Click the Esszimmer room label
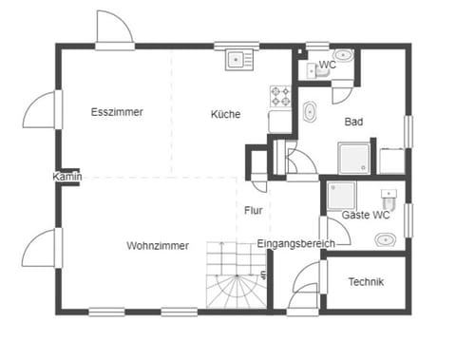tap(117, 112)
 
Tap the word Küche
tap(225, 114)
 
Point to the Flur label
tap(253, 210)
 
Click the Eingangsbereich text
tap(295, 244)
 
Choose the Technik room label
tap(366, 281)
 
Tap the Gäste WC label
tap(366, 216)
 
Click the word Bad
tap(354, 122)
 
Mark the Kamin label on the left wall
tap(67, 177)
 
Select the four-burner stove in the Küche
tap(281, 96)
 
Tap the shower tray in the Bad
tap(357, 158)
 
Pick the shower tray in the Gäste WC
tap(340, 197)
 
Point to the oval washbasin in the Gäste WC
tap(383, 239)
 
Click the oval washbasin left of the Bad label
tap(310, 114)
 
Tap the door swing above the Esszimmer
tap(114, 28)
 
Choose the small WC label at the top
tap(327, 65)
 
